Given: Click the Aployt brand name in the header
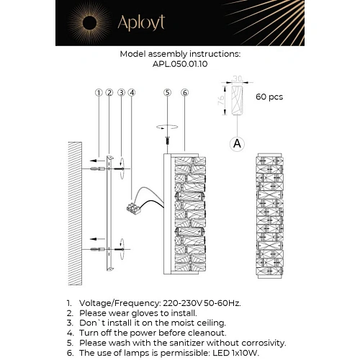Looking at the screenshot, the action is tap(141, 23).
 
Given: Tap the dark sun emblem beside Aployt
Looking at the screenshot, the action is tap(89, 23).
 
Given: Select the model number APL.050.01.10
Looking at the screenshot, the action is tap(180, 64).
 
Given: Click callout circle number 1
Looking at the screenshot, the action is tap(99, 93).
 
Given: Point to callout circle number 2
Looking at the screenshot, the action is tap(109, 93).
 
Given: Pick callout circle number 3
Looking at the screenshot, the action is tap(121, 93).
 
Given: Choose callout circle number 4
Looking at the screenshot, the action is tap(132, 93).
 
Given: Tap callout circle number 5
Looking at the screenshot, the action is tap(167, 93).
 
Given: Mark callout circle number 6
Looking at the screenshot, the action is tap(184, 93).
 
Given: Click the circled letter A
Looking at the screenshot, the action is tap(237, 144).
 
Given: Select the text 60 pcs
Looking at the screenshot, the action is tap(269, 97).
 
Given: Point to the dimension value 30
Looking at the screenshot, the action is tap(238, 78).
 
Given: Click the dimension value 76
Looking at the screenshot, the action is tap(221, 99).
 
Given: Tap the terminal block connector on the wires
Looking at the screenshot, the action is tap(133, 208).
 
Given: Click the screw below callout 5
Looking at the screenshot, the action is tap(168, 140).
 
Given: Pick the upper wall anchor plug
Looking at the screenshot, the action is tap(98, 169).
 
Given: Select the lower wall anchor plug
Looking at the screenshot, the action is tap(98, 249).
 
